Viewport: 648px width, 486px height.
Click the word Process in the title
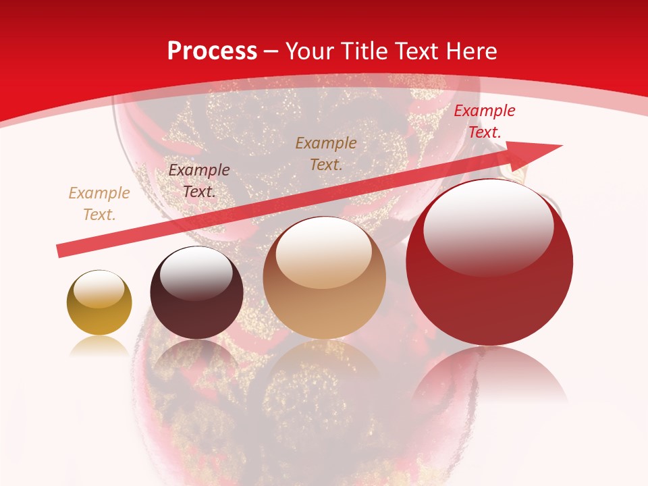pos(212,51)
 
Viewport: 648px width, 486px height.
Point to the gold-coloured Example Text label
pos(99,204)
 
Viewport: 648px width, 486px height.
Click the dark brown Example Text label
pos(199,181)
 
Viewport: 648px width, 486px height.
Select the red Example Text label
pos(484,122)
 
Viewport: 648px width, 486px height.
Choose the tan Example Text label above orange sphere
pos(326,153)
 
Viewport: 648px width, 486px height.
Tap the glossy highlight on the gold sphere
pos(99,290)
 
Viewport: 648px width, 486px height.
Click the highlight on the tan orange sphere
pos(323,253)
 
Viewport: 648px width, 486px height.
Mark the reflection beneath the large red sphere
pos(489,375)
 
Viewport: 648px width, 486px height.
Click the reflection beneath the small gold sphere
pos(99,346)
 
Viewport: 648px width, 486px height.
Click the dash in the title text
pos(271,51)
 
